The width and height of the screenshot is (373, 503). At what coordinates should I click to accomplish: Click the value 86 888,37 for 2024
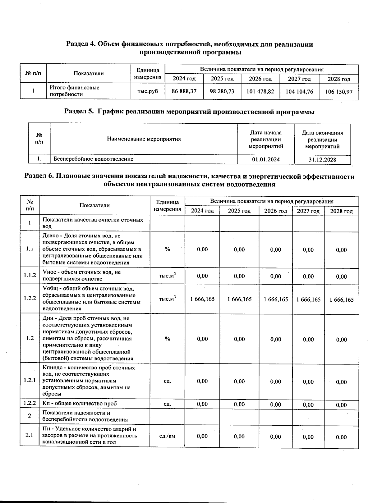pyautogui.click(x=184, y=91)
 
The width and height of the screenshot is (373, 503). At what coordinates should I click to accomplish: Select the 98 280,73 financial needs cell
pyautogui.click(x=222, y=91)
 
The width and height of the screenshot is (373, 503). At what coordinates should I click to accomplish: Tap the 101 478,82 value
pyautogui.click(x=260, y=92)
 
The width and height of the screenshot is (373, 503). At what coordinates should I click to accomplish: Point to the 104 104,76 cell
pyautogui.click(x=299, y=92)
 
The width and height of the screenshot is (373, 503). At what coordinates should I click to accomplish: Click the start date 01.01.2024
pyautogui.click(x=266, y=159)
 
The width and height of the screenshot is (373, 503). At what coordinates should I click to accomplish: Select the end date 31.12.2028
pyautogui.click(x=322, y=160)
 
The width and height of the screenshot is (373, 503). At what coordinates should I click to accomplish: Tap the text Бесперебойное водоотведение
pyautogui.click(x=93, y=159)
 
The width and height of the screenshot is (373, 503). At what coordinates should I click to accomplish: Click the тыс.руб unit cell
pyautogui.click(x=148, y=91)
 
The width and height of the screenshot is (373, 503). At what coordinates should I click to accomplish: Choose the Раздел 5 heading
pyautogui.click(x=189, y=112)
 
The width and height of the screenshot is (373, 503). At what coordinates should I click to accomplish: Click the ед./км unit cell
pyautogui.click(x=167, y=436)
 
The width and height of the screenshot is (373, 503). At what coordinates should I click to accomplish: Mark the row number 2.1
pyautogui.click(x=30, y=435)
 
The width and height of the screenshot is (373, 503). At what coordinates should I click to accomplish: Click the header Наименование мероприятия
pyautogui.click(x=144, y=139)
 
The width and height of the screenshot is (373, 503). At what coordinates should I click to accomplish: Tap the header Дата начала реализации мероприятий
pyautogui.click(x=266, y=139)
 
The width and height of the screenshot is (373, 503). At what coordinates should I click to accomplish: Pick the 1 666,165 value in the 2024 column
pyautogui.click(x=202, y=299)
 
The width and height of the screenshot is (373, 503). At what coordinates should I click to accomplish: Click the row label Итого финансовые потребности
pyautogui.click(x=75, y=91)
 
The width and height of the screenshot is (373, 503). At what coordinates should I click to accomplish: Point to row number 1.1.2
pyautogui.click(x=30, y=275)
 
